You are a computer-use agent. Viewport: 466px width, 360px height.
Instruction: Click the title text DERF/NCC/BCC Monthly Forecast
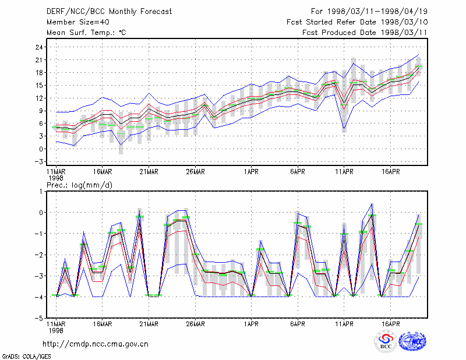[x=109, y=12]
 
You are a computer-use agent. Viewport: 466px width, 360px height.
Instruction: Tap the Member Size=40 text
[x=78, y=22]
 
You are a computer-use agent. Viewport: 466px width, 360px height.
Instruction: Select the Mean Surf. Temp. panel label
[x=86, y=33]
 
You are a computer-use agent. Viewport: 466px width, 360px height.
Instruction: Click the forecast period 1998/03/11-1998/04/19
[x=369, y=12]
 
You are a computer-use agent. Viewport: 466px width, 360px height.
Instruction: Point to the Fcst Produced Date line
[x=365, y=33]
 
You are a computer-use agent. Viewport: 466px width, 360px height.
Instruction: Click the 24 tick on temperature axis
[x=40, y=47]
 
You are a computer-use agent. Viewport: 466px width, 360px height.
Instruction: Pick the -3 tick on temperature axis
[x=39, y=162]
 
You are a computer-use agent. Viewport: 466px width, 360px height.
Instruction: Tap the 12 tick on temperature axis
[x=40, y=98]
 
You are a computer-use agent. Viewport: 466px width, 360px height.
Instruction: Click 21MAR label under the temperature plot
[x=149, y=172]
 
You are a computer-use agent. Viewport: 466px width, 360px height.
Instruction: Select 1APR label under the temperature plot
[x=251, y=172]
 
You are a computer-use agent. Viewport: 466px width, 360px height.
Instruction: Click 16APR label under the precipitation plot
[x=390, y=324]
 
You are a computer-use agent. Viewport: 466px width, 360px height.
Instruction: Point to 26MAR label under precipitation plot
[x=195, y=324]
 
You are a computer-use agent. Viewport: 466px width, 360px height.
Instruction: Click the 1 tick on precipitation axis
[x=41, y=192]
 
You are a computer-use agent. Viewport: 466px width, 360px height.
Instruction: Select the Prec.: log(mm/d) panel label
[x=79, y=185]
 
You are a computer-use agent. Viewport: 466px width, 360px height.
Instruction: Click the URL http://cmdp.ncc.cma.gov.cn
[x=96, y=344]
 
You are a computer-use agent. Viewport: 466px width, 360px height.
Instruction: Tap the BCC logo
[x=386, y=341]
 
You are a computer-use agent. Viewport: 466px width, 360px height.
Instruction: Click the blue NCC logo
[x=412, y=341]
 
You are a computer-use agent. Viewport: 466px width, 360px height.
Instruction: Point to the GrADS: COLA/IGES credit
[x=27, y=357]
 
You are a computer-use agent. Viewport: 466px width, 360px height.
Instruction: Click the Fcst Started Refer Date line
[x=357, y=22]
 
